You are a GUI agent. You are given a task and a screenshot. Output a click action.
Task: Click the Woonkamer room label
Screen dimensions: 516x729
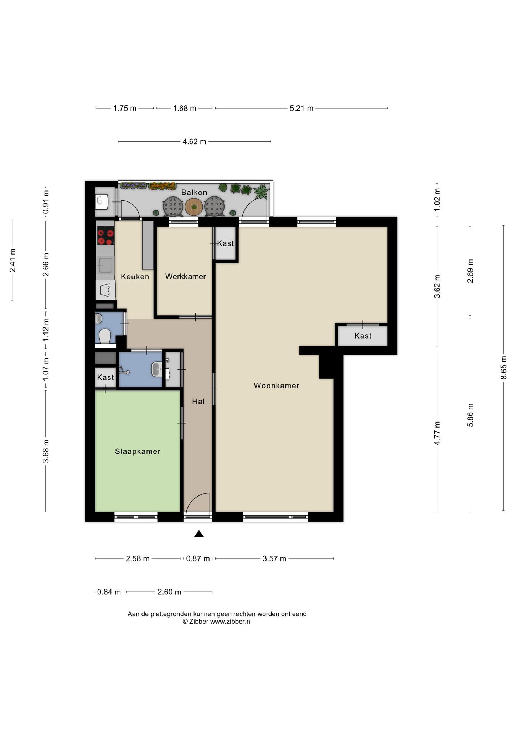pyautogui.click(x=277, y=386)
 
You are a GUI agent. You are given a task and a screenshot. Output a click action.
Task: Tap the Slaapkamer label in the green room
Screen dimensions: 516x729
pyautogui.click(x=138, y=451)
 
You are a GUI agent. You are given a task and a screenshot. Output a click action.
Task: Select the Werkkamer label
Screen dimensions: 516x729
pyautogui.click(x=186, y=277)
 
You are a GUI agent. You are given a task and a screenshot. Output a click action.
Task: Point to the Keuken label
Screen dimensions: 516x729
pyautogui.click(x=135, y=277)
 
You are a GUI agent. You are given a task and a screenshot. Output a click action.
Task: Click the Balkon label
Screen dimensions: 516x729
pyautogui.click(x=194, y=193)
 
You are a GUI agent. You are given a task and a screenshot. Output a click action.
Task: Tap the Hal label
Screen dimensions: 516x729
pyautogui.click(x=198, y=402)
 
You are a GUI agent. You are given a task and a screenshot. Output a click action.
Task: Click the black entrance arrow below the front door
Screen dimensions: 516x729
pyautogui.click(x=199, y=534)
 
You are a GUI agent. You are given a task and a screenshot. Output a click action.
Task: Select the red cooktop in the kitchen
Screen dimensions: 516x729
pyautogui.click(x=105, y=236)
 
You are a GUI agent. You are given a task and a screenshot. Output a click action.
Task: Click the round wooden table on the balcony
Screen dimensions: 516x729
pyautogui.click(x=194, y=206)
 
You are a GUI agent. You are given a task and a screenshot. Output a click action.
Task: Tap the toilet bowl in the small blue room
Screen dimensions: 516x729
pyautogui.click(x=104, y=336)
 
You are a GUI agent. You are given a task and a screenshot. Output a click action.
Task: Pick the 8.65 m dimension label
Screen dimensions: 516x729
pyautogui.click(x=504, y=368)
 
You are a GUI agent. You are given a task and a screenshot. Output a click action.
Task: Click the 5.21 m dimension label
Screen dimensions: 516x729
pyautogui.click(x=301, y=108)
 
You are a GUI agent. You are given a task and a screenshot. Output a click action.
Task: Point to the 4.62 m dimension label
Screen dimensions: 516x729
pyautogui.click(x=194, y=142)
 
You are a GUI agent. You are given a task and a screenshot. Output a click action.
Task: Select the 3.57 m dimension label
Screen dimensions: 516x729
pyautogui.click(x=274, y=558)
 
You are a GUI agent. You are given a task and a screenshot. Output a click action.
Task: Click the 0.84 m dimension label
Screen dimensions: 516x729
pyautogui.click(x=109, y=592)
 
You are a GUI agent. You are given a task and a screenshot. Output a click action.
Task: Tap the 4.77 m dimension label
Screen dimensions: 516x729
pyautogui.click(x=437, y=433)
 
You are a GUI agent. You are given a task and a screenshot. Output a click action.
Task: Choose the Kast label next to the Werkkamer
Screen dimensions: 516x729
pyautogui.click(x=226, y=243)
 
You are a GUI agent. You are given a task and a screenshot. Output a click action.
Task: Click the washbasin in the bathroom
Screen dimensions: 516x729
pyautogui.click(x=157, y=369)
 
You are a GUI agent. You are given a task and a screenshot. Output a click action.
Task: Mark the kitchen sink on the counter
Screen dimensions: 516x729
pyautogui.click(x=105, y=265)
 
